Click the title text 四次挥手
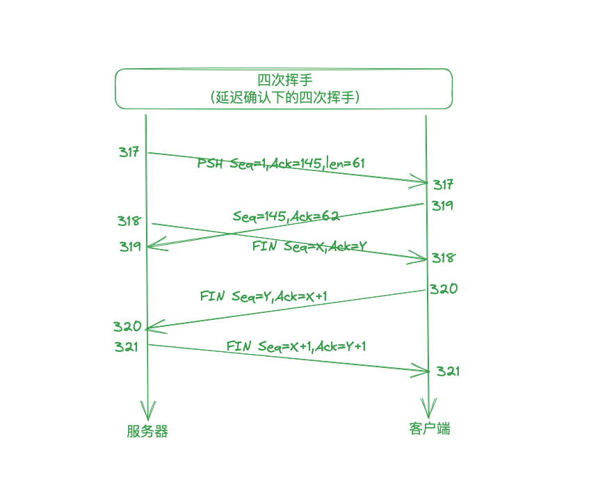click(x=284, y=80)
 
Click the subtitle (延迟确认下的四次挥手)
click(x=284, y=98)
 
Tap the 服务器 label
click(x=147, y=431)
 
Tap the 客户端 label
click(x=429, y=428)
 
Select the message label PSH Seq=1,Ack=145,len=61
click(x=281, y=163)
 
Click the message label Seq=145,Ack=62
click(x=286, y=216)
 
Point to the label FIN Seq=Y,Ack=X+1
click(x=264, y=296)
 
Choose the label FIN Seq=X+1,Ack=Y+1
click(x=296, y=346)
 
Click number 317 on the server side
click(x=129, y=152)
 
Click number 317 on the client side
click(x=443, y=184)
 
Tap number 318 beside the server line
click(x=129, y=221)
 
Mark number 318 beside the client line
click(x=443, y=258)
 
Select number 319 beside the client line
click(x=442, y=205)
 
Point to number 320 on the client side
click(x=444, y=289)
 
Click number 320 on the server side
click(x=128, y=326)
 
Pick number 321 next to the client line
click(x=448, y=371)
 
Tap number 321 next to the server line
click(x=127, y=346)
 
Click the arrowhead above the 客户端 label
click(x=428, y=406)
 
